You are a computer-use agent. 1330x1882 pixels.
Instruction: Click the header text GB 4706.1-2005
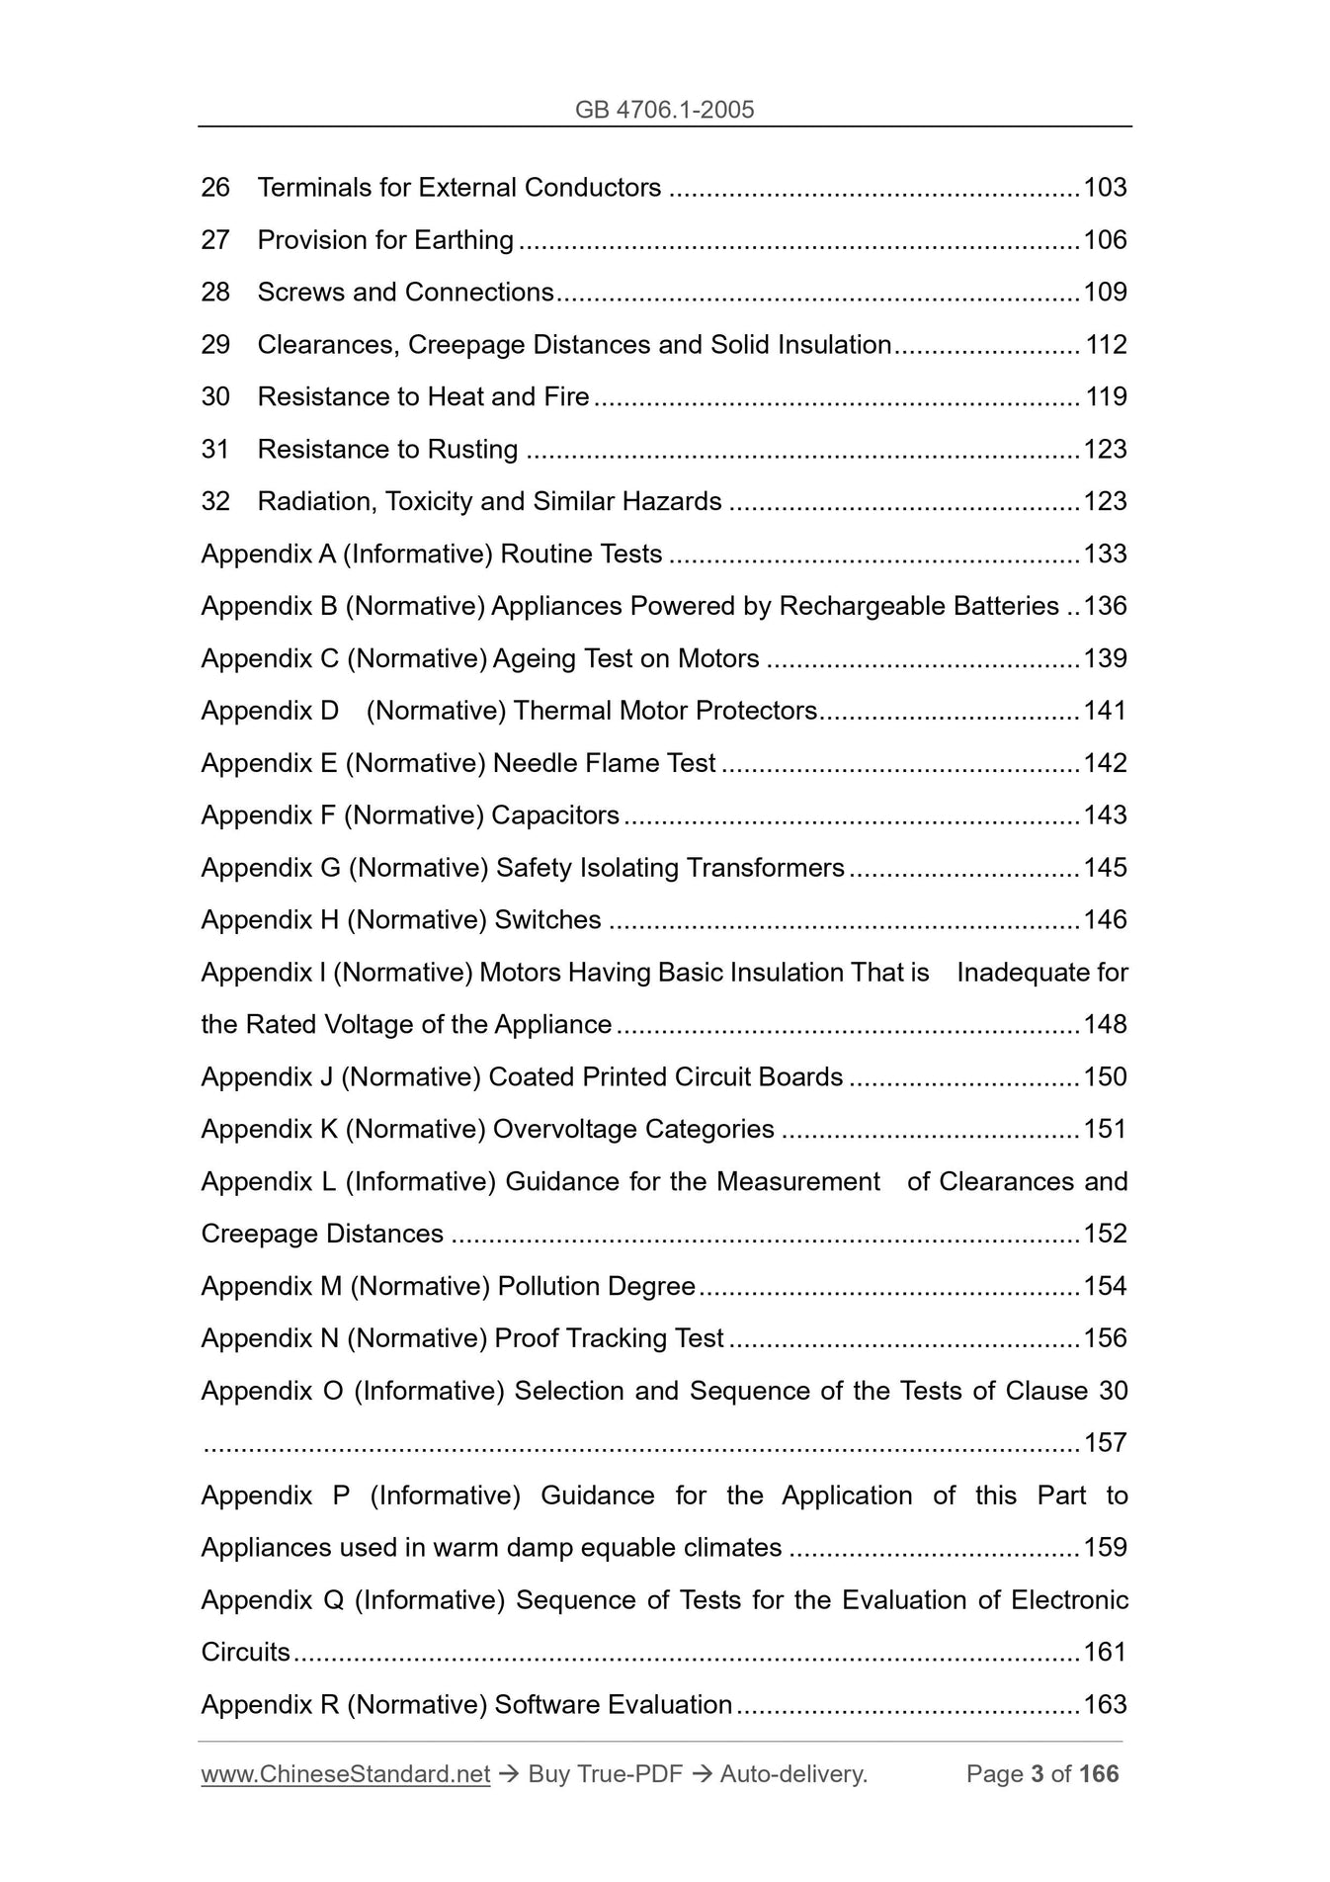point(664,110)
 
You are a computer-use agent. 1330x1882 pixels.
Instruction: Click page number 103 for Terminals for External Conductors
point(1105,188)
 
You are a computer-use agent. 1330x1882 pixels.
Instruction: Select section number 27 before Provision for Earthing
point(215,240)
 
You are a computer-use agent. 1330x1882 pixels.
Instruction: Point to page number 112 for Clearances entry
point(1106,345)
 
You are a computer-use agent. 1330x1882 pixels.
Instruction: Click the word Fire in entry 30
point(566,397)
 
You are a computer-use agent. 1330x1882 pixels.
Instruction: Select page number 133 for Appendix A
point(1105,555)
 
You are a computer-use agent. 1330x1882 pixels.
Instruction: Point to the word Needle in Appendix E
point(535,763)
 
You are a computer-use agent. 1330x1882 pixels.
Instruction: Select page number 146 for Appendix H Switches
point(1105,920)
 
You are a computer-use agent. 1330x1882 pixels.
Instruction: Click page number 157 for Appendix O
point(1105,1443)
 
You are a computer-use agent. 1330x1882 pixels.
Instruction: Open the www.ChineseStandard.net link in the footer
point(345,1774)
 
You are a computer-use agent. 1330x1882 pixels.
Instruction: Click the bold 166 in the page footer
point(1099,1774)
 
